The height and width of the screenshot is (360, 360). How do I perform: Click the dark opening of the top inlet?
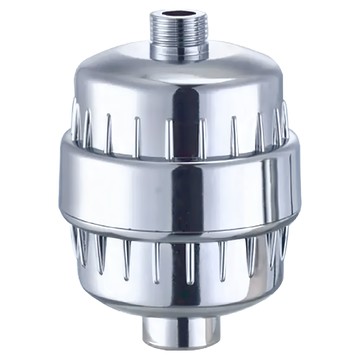tap(178, 16)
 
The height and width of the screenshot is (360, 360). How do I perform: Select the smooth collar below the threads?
tap(178, 53)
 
